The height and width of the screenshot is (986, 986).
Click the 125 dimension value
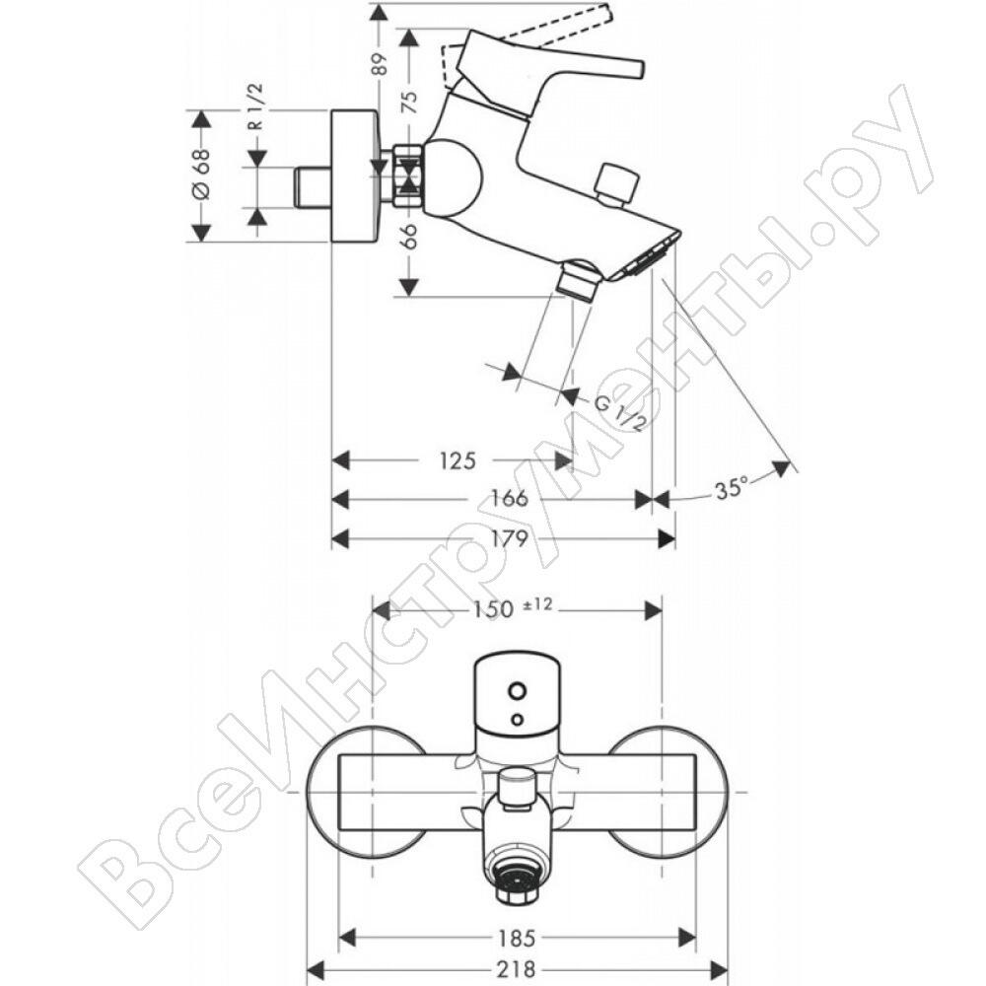pyautogui.click(x=458, y=460)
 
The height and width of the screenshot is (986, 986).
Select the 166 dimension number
pyautogui.click(x=510, y=499)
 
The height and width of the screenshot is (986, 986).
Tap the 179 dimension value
pyautogui.click(x=510, y=538)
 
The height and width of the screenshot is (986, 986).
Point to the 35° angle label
pyautogui.click(x=732, y=488)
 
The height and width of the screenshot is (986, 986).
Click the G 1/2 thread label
pyautogui.click(x=619, y=413)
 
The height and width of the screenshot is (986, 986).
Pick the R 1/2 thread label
pyautogui.click(x=256, y=106)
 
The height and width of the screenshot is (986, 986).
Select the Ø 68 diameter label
pyautogui.click(x=200, y=175)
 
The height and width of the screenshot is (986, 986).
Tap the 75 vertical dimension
pyautogui.click(x=409, y=102)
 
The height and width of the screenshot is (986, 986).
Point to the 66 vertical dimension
pyautogui.click(x=409, y=238)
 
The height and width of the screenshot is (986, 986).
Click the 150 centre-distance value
pyautogui.click(x=494, y=609)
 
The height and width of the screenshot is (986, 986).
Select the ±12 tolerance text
pyautogui.click(x=537, y=604)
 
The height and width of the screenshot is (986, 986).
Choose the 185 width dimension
pyautogui.click(x=517, y=939)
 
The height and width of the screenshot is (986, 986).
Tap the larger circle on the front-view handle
pyautogui.click(x=519, y=692)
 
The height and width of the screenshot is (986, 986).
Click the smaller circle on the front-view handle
pyautogui.click(x=518, y=718)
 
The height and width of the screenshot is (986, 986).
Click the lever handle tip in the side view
pyautogui.click(x=640, y=69)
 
